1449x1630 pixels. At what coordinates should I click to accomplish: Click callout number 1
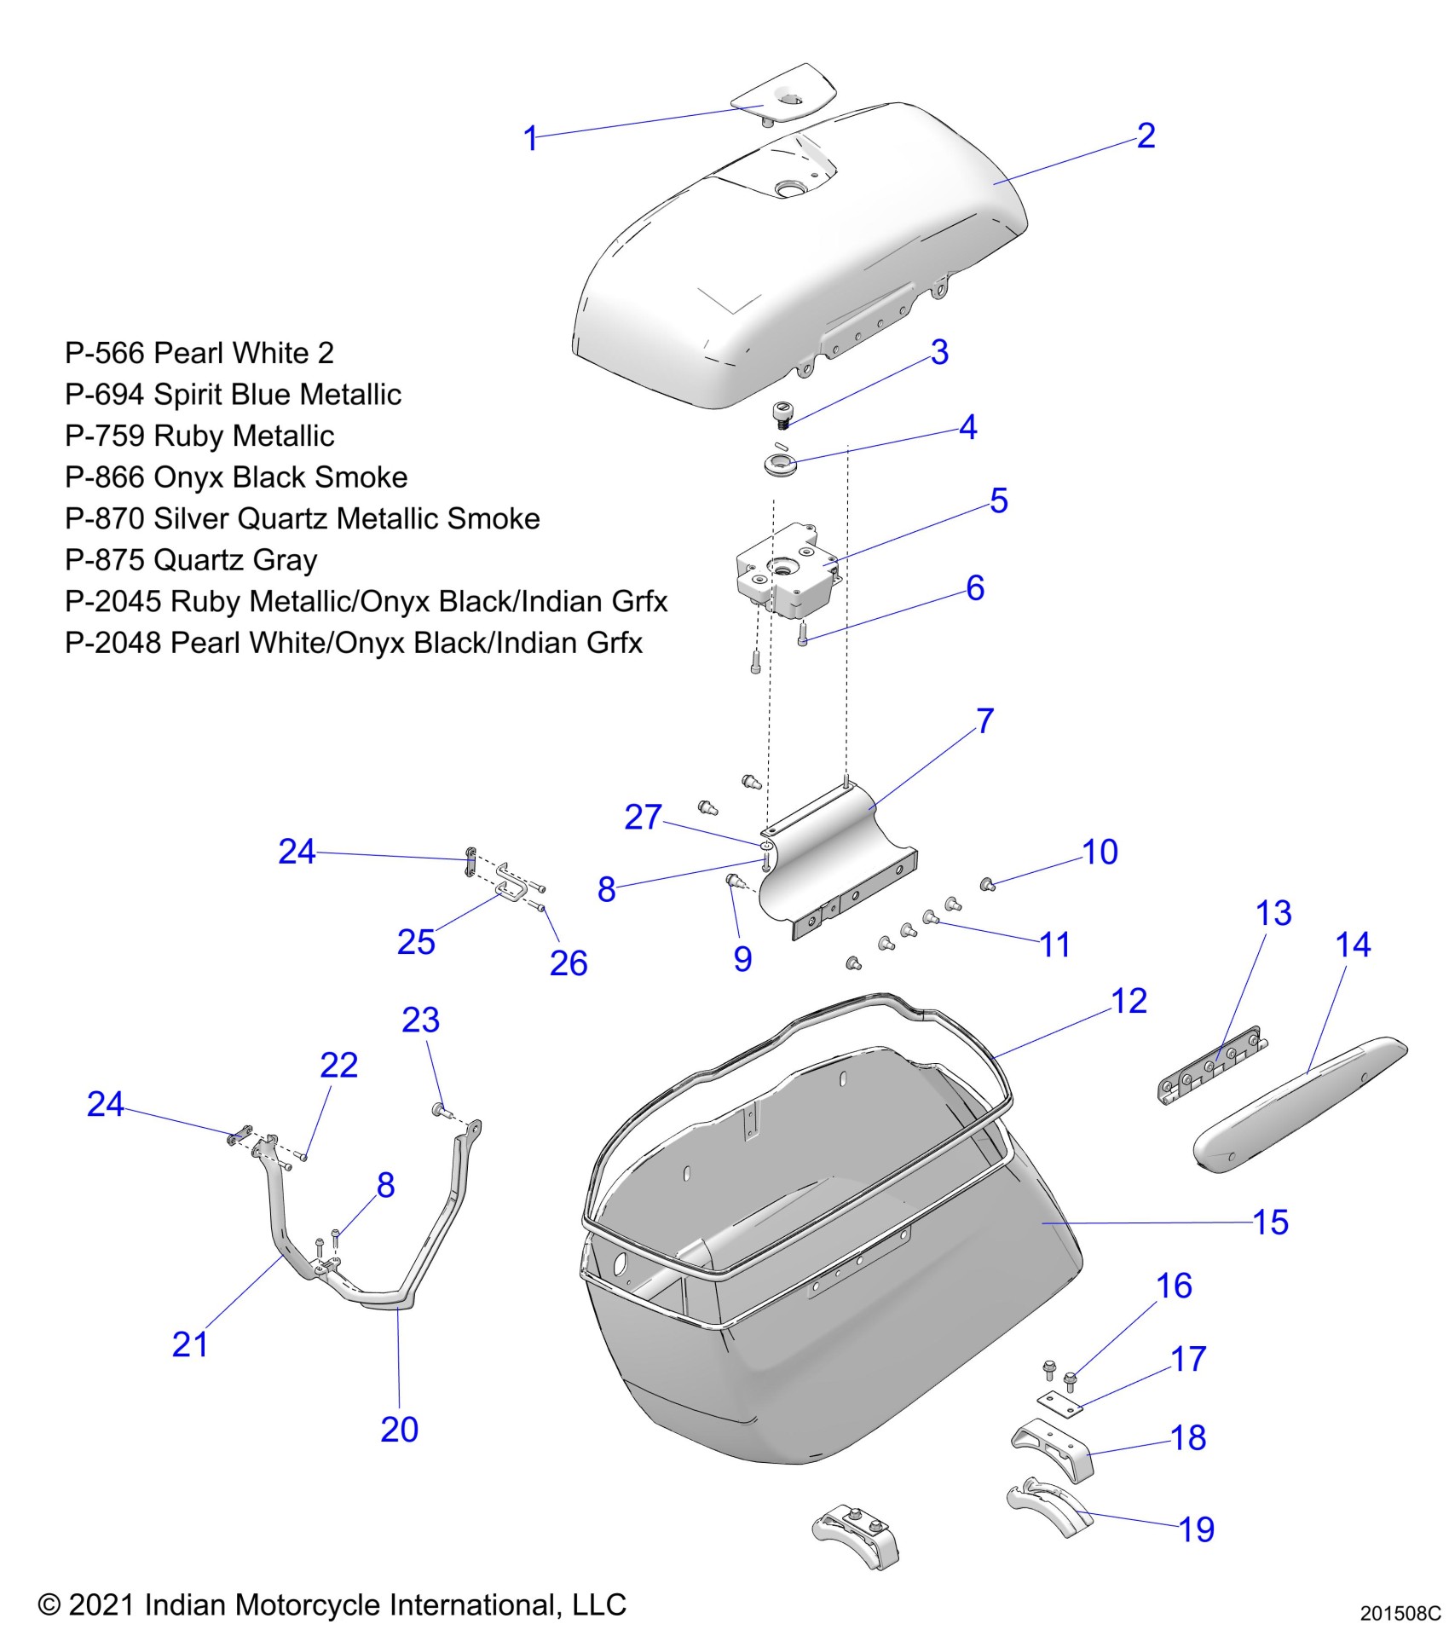click(x=530, y=138)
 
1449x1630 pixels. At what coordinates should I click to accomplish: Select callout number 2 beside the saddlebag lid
click(x=1146, y=136)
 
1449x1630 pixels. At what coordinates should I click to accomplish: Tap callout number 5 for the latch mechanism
click(x=999, y=500)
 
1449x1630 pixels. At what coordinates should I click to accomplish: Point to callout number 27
click(x=643, y=817)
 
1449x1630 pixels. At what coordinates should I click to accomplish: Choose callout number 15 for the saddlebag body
click(x=1270, y=1222)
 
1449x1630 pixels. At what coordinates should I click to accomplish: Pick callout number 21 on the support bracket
click(x=189, y=1344)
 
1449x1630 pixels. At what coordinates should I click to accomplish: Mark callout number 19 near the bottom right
click(x=1197, y=1529)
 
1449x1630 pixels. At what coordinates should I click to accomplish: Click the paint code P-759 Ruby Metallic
click(x=199, y=436)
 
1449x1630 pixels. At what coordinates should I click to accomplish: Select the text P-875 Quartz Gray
click(x=191, y=560)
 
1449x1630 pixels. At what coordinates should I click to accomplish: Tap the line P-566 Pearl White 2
click(x=199, y=353)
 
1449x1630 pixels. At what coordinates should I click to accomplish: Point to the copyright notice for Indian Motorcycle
click(x=332, y=1604)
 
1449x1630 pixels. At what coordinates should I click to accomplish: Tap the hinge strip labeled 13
click(x=1209, y=1067)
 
